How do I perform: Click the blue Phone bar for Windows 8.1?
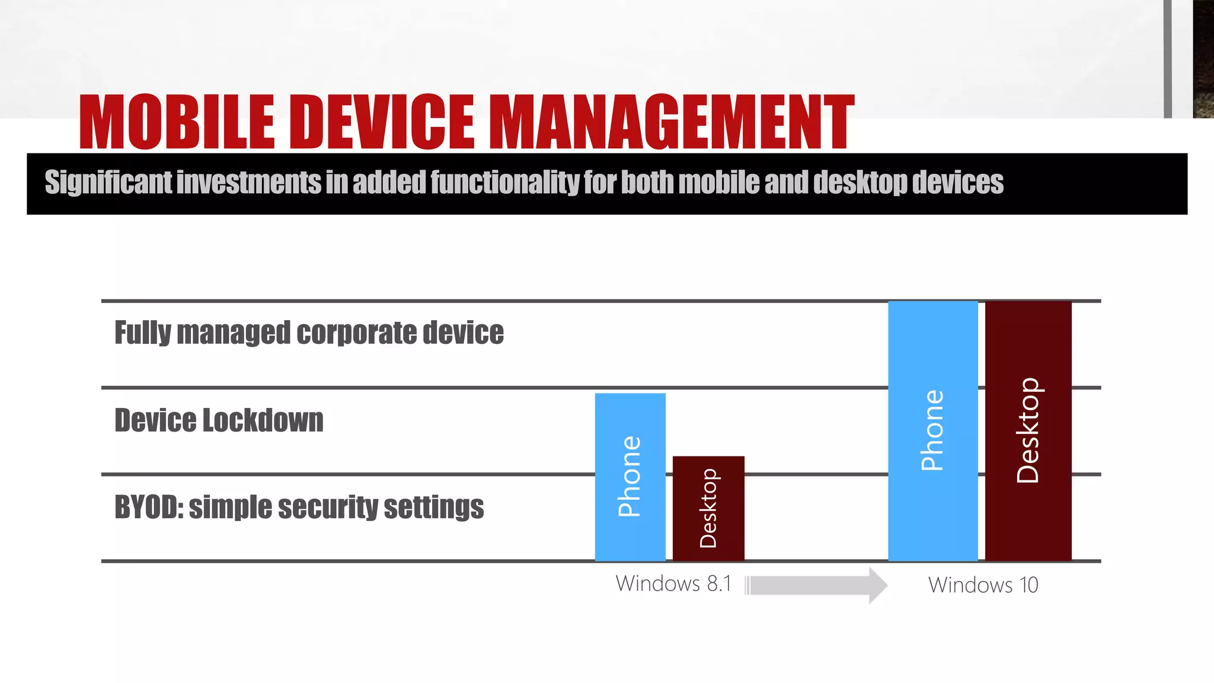click(630, 477)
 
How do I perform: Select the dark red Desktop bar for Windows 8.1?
click(708, 508)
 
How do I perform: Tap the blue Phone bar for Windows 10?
click(933, 430)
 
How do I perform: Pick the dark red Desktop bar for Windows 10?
click(1028, 430)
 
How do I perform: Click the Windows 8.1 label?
click(673, 584)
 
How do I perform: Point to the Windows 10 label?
click(983, 585)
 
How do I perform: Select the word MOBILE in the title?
click(177, 122)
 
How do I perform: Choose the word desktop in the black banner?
click(860, 183)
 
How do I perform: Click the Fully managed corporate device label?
click(309, 332)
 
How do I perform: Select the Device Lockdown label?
click(219, 420)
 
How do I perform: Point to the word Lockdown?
click(263, 420)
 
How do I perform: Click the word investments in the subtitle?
click(248, 182)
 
